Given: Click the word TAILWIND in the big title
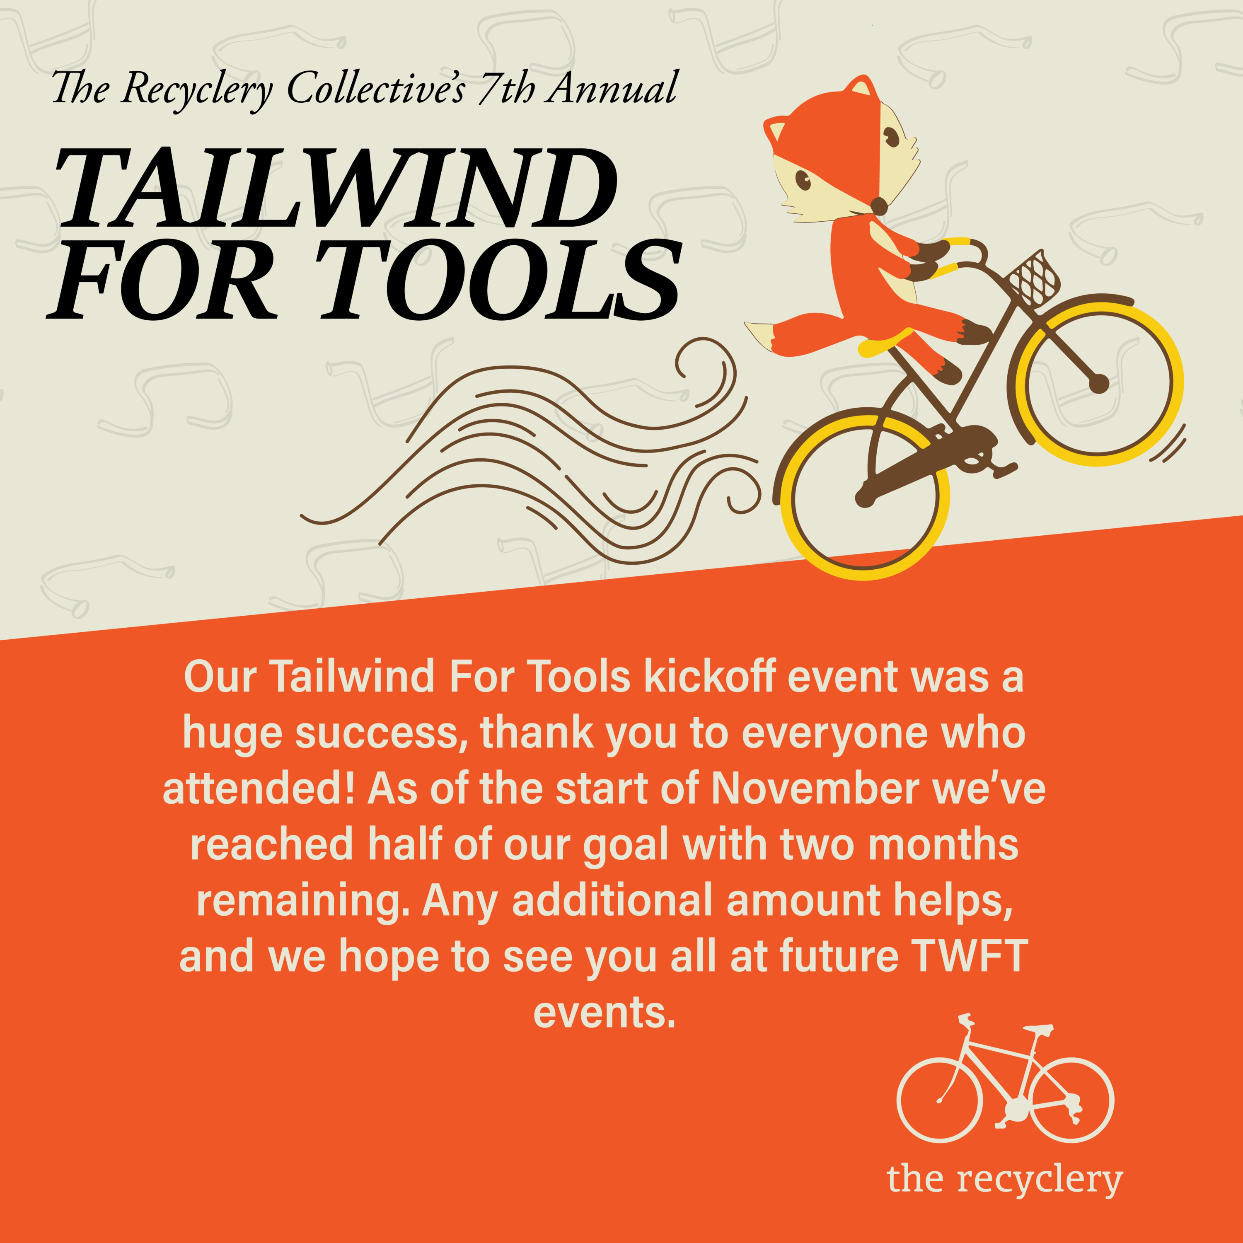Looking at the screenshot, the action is click(x=336, y=188).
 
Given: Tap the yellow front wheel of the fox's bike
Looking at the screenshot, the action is click(x=1100, y=383).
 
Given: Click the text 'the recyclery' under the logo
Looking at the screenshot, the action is click(x=1004, y=1180).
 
